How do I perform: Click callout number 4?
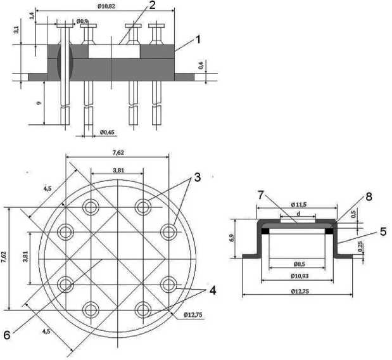click(x=212, y=292)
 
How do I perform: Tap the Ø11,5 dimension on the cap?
click(x=298, y=204)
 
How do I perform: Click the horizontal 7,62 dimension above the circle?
click(x=118, y=153)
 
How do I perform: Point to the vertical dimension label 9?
click(x=39, y=102)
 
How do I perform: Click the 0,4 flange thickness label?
click(x=201, y=64)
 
